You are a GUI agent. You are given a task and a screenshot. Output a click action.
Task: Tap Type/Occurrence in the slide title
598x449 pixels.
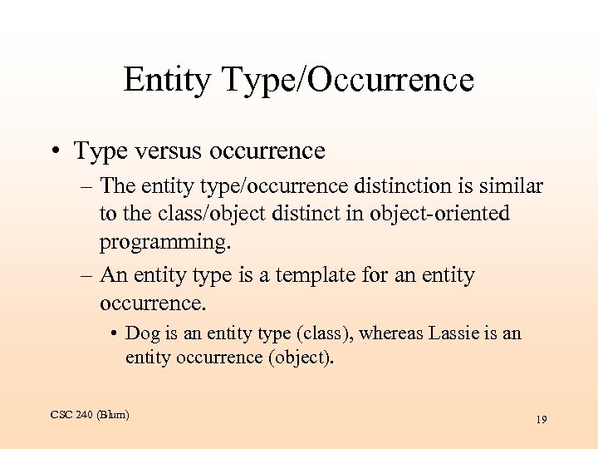tap(347, 81)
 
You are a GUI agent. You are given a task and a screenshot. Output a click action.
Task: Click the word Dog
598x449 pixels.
tap(140, 333)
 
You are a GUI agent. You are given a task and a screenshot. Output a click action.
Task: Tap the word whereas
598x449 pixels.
tap(390, 333)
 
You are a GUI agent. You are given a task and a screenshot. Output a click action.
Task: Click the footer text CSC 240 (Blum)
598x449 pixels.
tap(89, 414)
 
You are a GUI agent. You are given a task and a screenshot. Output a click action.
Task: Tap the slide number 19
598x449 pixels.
tap(541, 420)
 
